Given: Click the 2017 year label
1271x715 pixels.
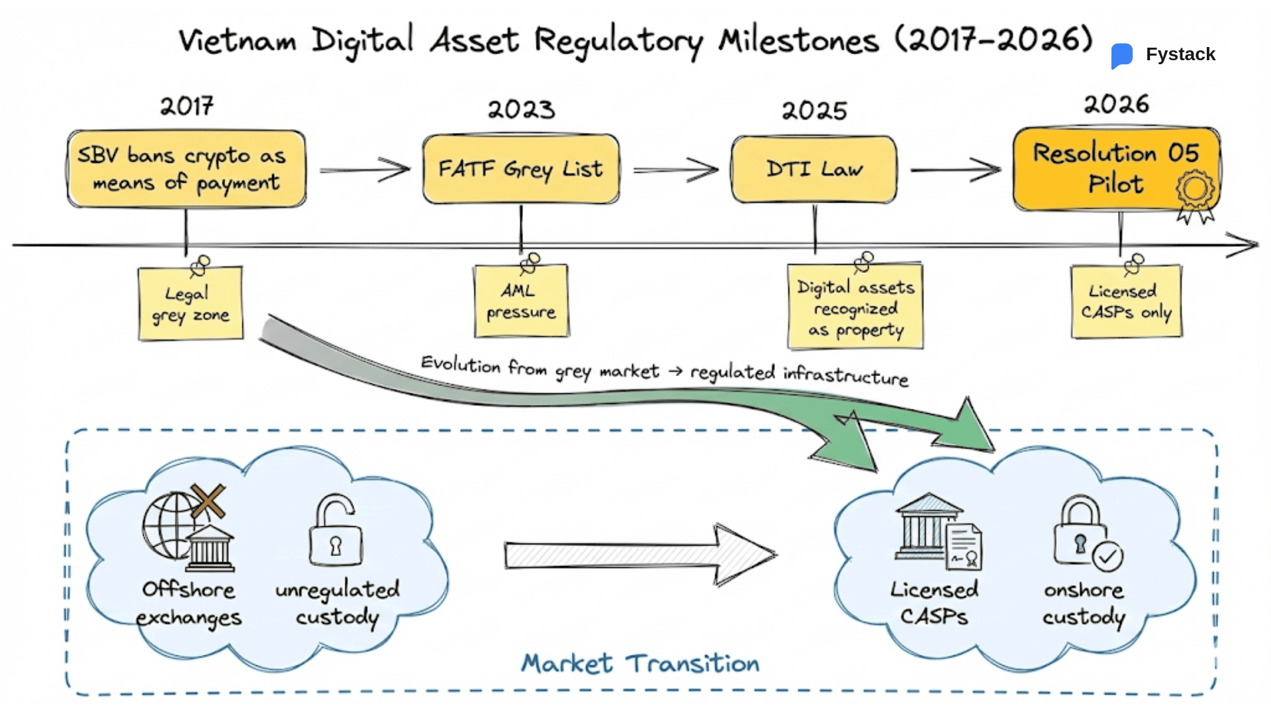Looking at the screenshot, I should tap(187, 106).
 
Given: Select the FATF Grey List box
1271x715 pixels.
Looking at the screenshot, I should tap(521, 169).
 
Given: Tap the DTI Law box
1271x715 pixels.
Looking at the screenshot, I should tap(814, 169).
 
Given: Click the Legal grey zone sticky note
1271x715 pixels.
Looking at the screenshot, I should tap(191, 304).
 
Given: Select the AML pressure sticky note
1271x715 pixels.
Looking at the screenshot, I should tap(521, 301).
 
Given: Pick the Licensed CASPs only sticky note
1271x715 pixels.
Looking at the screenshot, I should tap(1126, 302).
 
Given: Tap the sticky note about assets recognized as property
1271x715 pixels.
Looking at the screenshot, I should tap(855, 307).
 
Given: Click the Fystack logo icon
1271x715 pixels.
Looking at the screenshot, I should tap(1122, 56).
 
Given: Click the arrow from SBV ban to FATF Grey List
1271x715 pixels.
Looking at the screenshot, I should tap(364, 169).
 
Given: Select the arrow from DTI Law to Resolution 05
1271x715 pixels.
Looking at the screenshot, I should tap(955, 169).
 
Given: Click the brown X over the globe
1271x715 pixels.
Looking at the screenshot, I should tap(208, 501).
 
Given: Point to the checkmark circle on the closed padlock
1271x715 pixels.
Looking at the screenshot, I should tap(1107, 557).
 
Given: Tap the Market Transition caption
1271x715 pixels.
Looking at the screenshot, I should tap(640, 663).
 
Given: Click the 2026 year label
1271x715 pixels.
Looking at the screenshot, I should tap(1116, 104).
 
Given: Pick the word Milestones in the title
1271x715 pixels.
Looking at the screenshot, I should tap(799, 41).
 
